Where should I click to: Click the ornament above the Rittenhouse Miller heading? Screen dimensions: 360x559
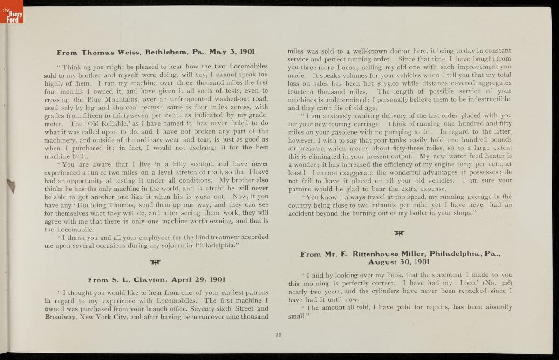[x=399, y=233]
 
